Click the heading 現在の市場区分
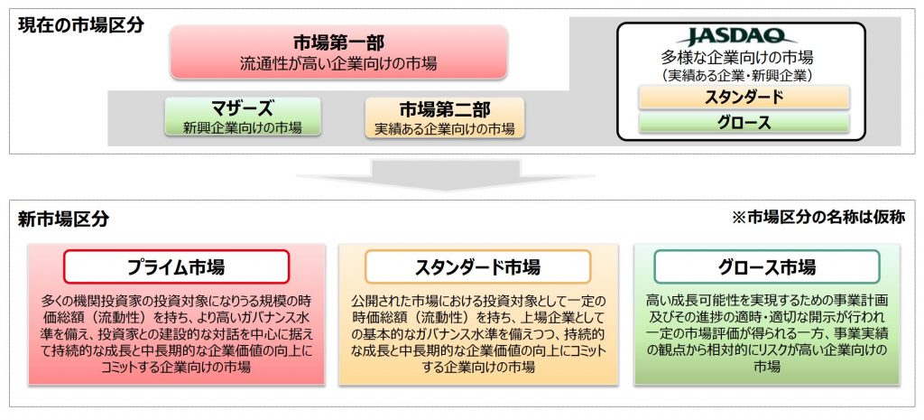point(80,25)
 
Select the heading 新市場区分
point(63,219)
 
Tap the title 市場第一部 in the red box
point(339,42)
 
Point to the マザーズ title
point(243,108)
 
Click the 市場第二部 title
point(445,109)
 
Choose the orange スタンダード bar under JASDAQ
point(744,98)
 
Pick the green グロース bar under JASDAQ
point(744,123)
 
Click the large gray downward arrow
point(446,174)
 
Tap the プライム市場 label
point(176,267)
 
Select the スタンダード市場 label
point(478,267)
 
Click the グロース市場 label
point(767,267)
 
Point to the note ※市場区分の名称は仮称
point(818,218)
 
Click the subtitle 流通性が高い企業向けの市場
point(338,63)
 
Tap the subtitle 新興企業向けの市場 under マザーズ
point(243,127)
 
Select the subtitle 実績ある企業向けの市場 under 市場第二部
point(445,128)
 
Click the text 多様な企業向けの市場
point(737,58)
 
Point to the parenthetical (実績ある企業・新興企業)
point(737,76)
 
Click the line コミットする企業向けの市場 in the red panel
point(176,367)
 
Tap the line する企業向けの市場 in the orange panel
point(478,367)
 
